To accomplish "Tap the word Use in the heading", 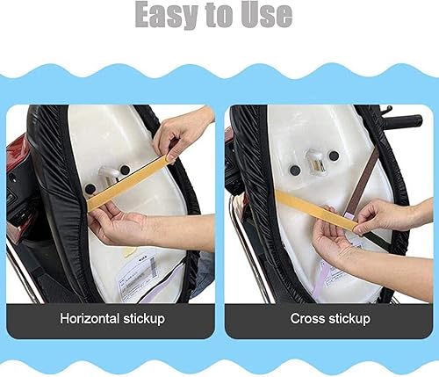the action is (x=267, y=15).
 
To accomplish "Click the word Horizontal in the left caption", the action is (x=90, y=318).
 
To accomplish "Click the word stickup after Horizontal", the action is (x=144, y=319).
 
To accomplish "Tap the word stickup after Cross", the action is (x=350, y=319).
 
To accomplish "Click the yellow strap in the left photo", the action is (x=127, y=183).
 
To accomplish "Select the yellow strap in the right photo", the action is (x=316, y=209).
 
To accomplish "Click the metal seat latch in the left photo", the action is (x=108, y=173).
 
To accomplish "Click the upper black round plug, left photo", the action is (x=125, y=170).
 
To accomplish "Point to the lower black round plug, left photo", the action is (x=90, y=188).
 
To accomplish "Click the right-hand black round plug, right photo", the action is (x=334, y=156).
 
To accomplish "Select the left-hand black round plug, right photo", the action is (x=294, y=170).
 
